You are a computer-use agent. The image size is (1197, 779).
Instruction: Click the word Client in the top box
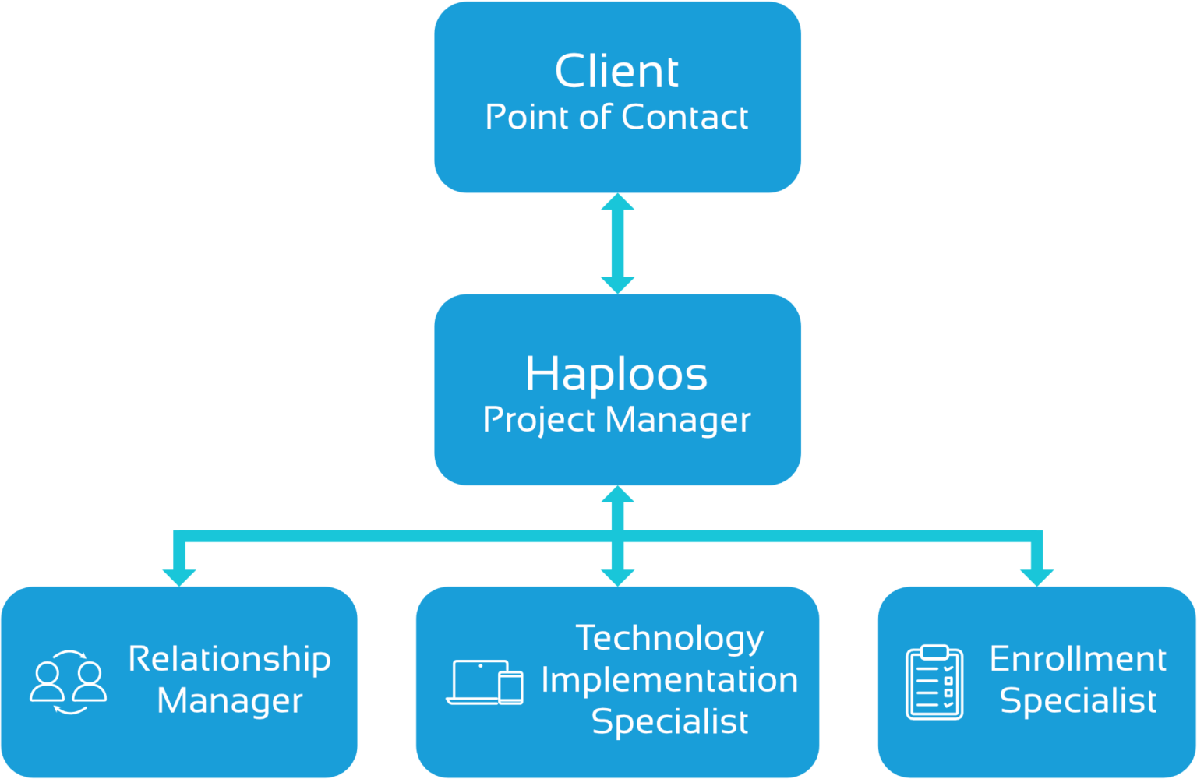[x=616, y=72]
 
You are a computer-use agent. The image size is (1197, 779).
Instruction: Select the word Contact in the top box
[x=685, y=117]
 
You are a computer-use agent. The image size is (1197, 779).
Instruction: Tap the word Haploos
[x=616, y=374]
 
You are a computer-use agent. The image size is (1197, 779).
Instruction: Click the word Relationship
[x=229, y=659]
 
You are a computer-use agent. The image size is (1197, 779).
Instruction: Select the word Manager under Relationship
[x=229, y=700]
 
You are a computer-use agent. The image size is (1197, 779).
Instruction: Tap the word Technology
[x=669, y=638]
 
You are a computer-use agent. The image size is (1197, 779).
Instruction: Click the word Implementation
[x=669, y=680]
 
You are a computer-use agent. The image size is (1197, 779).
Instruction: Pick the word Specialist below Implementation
[x=669, y=721]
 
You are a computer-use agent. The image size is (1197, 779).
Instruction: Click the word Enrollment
[x=1078, y=659]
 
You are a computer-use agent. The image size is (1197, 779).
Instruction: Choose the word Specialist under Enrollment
[x=1078, y=700]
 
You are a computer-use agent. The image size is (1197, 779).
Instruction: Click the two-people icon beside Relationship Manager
[x=69, y=682]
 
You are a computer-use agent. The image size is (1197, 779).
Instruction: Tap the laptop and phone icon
[x=485, y=682]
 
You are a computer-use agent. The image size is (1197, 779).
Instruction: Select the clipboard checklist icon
[x=934, y=682]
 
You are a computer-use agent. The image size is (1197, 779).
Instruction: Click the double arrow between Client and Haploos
[x=617, y=244]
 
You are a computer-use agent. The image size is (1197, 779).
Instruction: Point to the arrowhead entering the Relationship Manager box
[x=179, y=576]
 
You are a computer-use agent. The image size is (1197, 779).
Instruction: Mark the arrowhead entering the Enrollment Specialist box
[x=1036, y=576]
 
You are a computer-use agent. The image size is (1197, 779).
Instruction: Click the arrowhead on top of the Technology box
[x=617, y=576]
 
